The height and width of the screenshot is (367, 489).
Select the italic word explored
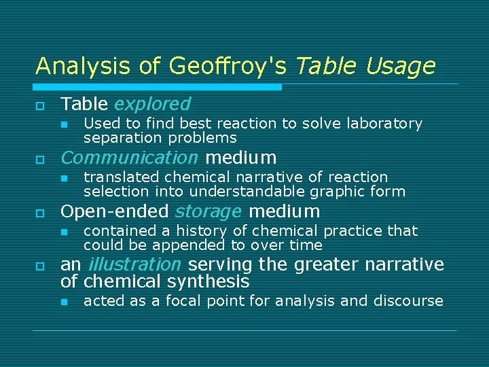(153, 104)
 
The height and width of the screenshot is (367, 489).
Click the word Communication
(129, 158)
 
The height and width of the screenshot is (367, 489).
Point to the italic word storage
(208, 211)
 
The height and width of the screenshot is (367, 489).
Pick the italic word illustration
(134, 264)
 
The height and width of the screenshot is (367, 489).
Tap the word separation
(123, 138)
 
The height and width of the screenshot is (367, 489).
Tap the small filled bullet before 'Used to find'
(63, 124)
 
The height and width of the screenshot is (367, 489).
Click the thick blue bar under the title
(158, 87)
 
